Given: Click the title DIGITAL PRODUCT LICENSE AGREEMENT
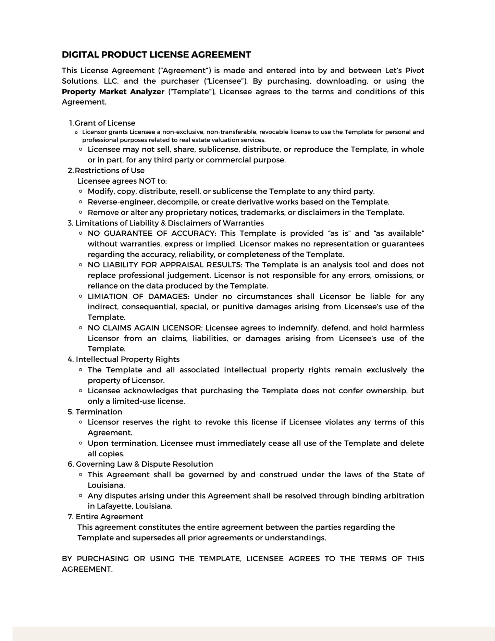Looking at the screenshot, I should pos(156,55).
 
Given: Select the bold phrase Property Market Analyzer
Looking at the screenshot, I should pos(113,92).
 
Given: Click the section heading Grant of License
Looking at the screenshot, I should pos(105,123).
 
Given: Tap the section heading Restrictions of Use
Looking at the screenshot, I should pos(110,171).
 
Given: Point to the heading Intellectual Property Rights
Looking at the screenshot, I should pos(127,359).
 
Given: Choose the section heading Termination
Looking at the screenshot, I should pos(99,412).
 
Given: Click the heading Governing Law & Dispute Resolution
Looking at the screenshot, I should pos(144,464).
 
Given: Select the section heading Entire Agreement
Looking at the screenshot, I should pos(109,517).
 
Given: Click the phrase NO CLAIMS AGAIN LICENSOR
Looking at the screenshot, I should pos(145,328).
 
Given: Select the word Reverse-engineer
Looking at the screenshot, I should pos(121,202).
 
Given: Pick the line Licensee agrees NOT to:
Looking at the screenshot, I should pos(122,181).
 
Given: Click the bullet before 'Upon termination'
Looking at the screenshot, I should pos(81,443).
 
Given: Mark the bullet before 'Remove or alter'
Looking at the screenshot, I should pos(81,212).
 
